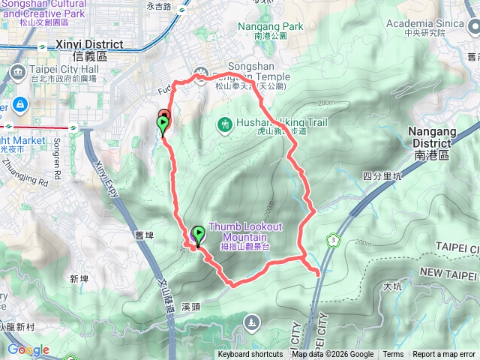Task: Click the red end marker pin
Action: click(165, 117)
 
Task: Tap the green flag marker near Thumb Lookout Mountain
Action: click(198, 235)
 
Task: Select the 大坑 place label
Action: click(391, 286)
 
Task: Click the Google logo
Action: click(28, 349)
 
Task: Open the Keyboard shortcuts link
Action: click(250, 355)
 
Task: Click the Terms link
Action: click(393, 355)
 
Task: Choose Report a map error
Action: click(444, 355)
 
